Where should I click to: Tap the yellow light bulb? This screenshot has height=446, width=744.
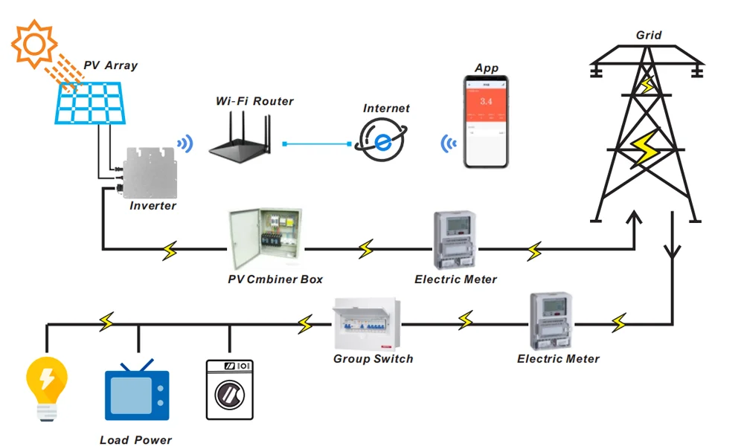[46, 387]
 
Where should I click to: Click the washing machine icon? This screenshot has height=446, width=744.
[229, 390]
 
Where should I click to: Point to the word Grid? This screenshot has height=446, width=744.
[649, 35]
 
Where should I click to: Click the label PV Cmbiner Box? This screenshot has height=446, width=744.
[275, 279]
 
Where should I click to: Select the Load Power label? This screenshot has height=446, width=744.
[136, 440]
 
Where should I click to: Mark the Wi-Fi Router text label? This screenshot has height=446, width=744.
[254, 101]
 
